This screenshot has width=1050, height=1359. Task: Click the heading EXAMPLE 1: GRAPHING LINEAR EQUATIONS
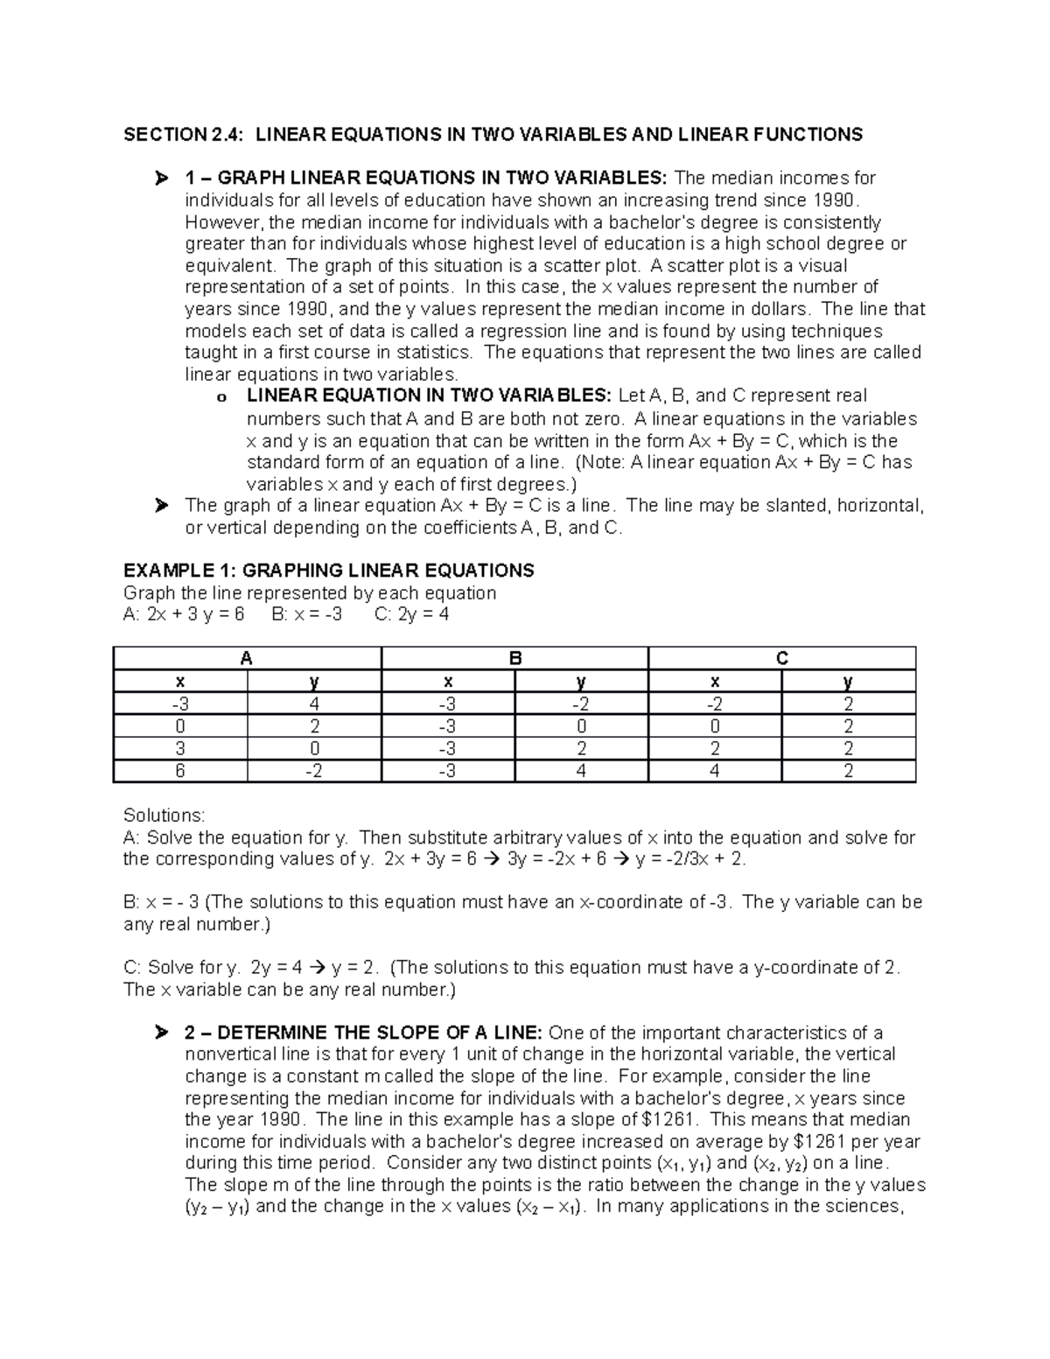click(329, 571)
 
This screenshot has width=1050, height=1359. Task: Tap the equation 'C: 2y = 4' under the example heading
click(411, 614)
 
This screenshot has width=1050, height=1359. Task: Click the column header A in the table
click(247, 659)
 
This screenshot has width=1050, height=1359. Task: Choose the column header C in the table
click(781, 659)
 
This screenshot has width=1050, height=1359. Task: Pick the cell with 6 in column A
click(180, 771)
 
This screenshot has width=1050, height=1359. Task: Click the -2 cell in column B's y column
click(581, 704)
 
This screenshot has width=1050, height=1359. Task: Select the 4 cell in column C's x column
click(715, 771)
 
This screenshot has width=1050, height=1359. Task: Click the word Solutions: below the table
click(164, 816)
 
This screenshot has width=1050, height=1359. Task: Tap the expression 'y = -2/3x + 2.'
click(691, 859)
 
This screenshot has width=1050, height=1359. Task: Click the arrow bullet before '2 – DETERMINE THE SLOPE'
click(160, 1034)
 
